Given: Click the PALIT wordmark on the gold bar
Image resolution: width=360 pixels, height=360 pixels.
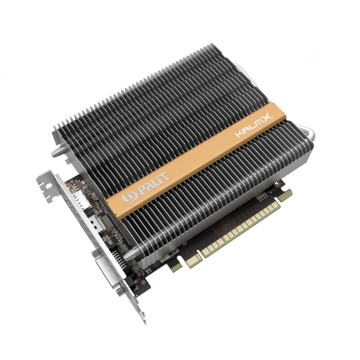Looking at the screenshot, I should [153, 180].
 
